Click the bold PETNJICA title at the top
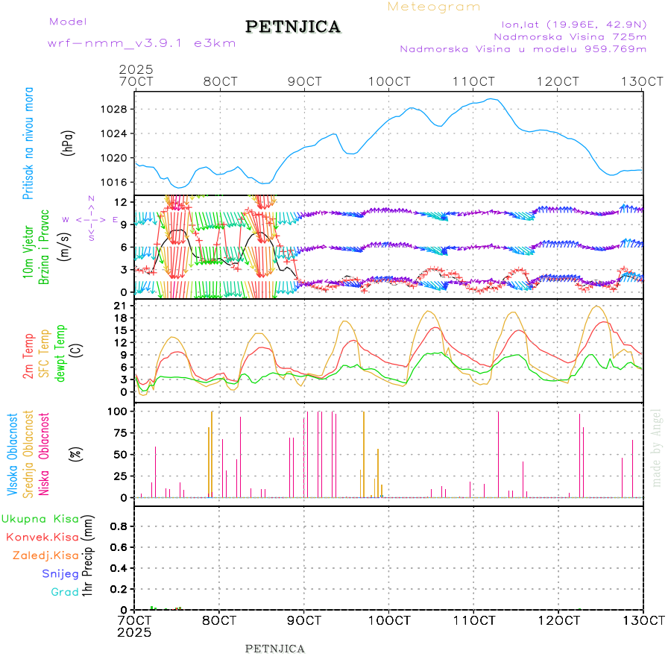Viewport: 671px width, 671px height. [x=293, y=27]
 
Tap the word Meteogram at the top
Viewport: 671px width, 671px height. [x=434, y=7]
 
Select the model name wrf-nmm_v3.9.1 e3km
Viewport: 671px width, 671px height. [x=142, y=43]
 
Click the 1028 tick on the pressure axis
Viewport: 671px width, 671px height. [x=113, y=110]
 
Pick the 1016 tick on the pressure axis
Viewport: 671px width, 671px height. [x=113, y=183]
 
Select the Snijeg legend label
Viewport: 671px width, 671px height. [x=57, y=573]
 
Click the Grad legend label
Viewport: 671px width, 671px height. [x=64, y=592]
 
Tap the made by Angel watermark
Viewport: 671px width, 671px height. [x=657, y=447]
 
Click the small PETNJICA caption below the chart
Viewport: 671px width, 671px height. [x=275, y=649]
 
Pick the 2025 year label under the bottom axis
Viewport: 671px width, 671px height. [x=135, y=632]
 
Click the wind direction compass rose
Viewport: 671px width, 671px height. [x=91, y=219]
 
